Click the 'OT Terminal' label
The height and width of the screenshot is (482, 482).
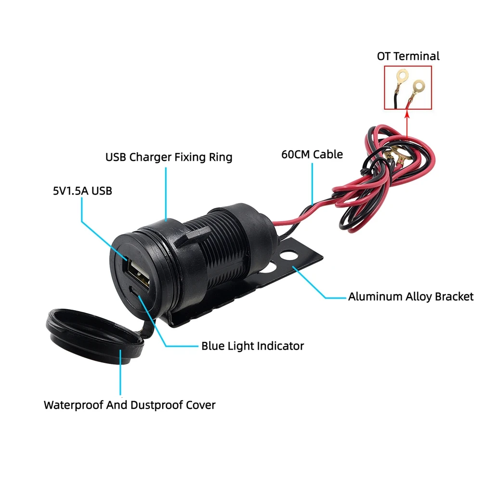pos(408,56)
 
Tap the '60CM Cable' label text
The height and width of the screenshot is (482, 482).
pos(312,155)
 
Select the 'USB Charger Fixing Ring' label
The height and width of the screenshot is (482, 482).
pos(169,157)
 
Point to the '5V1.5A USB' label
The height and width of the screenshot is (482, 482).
pos(82,191)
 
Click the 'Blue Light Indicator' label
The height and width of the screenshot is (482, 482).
pos(252,346)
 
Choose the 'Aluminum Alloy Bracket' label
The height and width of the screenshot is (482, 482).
pos(411,297)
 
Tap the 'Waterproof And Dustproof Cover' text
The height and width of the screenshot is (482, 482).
pos(130,405)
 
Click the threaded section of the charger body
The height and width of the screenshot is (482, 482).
pos(221,250)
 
